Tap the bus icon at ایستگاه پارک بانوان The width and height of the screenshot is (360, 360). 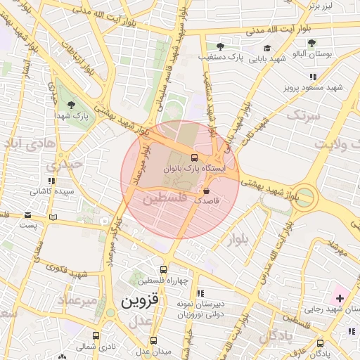pyautogui.click(x=194, y=157)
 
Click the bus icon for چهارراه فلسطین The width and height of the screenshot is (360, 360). pyautogui.click(x=164, y=269)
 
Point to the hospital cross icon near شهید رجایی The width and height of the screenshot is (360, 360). pyautogui.click(x=340, y=298)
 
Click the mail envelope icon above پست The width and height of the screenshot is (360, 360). pyautogui.click(x=27, y=214)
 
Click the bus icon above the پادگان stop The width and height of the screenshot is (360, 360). pyautogui.click(x=321, y=343)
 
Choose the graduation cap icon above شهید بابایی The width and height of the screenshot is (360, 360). pyautogui.click(x=266, y=49)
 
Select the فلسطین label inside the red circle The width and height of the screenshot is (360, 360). pyautogui.click(x=165, y=200)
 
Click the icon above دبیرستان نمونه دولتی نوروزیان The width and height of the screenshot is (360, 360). pyautogui.click(x=200, y=293)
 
